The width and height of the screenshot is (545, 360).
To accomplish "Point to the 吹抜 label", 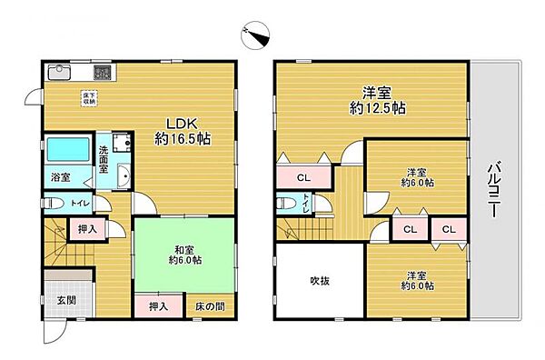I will tap(318, 281).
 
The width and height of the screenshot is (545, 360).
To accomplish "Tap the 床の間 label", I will tap(210, 307).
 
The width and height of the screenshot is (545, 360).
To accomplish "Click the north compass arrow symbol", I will tap(252, 33).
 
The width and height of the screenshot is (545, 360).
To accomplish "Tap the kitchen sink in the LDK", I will tap(57, 72).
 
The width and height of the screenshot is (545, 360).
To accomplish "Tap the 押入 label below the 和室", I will tap(158, 307).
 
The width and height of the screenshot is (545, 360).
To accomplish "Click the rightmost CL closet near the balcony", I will tap(448, 230).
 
